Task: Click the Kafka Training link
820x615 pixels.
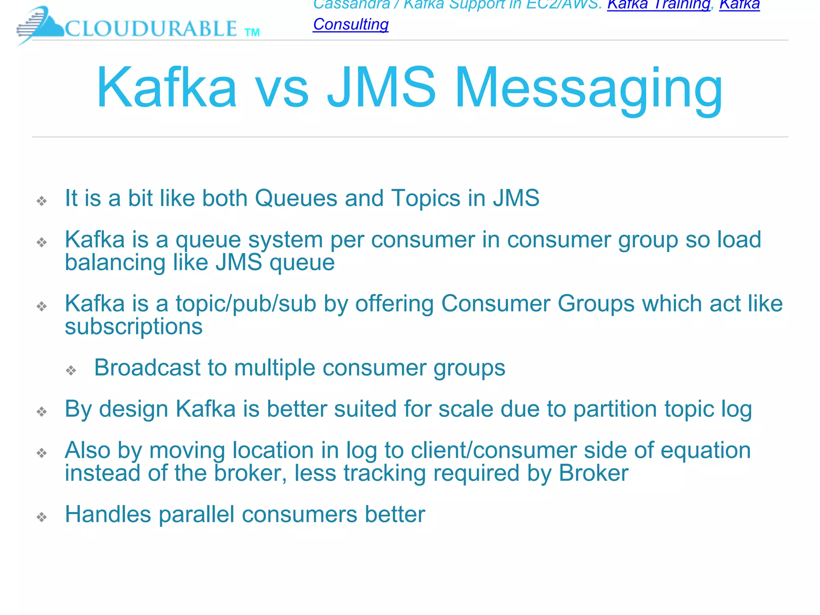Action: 658,5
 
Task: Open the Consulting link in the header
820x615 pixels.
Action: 351,24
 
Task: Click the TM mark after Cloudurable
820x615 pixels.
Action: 252,32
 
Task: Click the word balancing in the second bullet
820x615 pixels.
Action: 115,263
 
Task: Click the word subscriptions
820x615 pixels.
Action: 134,327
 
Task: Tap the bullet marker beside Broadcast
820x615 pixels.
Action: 71,370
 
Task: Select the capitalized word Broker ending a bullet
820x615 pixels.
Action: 593,473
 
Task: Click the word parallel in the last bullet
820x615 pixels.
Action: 197,515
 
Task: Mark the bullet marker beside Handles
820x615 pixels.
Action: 42,517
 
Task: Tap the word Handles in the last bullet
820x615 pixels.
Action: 108,515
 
